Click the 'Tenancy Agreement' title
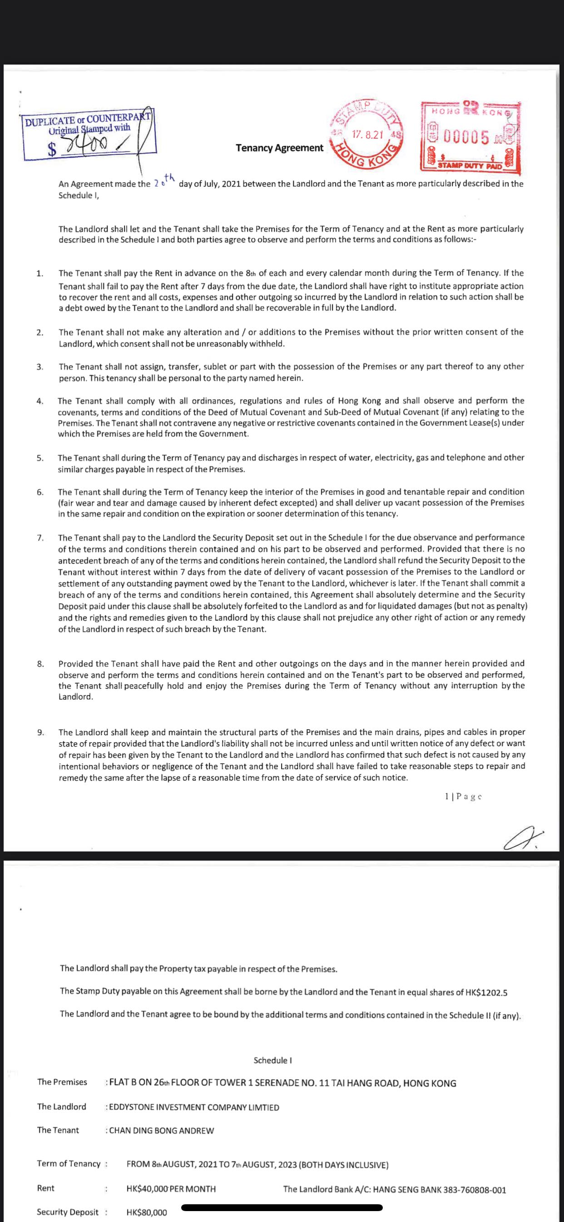click(279, 148)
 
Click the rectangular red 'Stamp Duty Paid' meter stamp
click(470, 137)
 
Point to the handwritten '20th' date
click(165, 181)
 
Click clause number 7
click(40, 537)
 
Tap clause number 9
click(41, 732)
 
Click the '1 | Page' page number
click(463, 796)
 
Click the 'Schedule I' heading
click(272, 1060)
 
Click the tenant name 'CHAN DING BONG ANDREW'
click(161, 1131)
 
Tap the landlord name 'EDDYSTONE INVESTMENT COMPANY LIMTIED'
click(194, 1107)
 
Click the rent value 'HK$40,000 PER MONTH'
click(171, 1189)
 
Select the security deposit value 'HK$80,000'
click(147, 1212)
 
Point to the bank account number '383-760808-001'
click(474, 1190)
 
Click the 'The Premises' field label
click(62, 1082)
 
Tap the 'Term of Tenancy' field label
click(69, 1164)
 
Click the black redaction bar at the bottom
click(282, 1208)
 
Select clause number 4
click(40, 401)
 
